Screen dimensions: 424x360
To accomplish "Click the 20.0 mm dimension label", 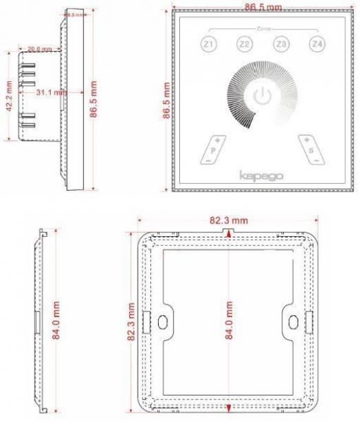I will click(40, 49).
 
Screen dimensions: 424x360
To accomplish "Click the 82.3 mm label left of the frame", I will click(131, 322).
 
